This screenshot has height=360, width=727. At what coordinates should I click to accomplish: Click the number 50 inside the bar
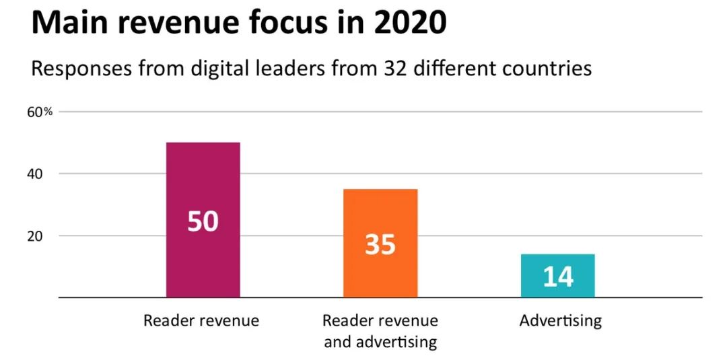203,221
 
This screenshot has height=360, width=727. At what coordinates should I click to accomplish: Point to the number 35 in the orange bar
380,244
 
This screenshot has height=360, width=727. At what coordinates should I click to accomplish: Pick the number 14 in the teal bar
557,277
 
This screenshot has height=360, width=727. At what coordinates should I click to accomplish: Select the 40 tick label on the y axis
35,174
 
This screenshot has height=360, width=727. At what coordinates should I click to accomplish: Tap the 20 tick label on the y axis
35,236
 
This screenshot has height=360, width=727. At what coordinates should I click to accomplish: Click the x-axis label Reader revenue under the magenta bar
201,320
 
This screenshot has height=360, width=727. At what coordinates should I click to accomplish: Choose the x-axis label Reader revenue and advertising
380,330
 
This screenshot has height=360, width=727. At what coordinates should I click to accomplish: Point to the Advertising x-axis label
561,320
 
